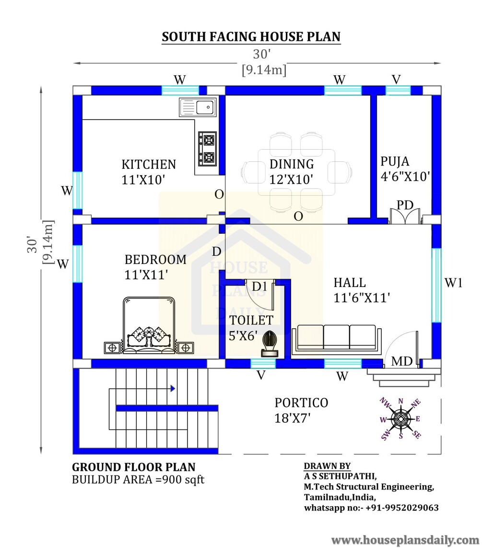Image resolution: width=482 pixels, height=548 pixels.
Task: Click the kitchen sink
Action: [198, 107]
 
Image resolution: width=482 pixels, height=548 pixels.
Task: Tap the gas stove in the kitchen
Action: [208, 149]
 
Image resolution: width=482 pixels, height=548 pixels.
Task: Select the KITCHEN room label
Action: [149, 164]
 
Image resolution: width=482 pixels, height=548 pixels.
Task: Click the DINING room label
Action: [291, 164]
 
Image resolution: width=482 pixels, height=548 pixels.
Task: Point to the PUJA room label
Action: [395, 161]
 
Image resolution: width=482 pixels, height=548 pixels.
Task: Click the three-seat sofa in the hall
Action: [336, 338]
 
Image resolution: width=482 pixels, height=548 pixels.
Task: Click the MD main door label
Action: [402, 361]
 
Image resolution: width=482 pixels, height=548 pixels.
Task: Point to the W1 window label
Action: [453, 283]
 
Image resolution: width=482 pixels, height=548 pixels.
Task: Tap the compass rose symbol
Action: [400, 418]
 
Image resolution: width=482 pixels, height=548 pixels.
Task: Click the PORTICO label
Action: [301, 403]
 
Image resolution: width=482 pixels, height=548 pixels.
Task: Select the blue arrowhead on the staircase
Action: [173, 388]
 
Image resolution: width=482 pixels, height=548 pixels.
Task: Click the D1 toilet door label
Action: [259, 286]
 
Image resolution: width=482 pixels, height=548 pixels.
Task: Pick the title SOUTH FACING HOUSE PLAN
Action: [251, 36]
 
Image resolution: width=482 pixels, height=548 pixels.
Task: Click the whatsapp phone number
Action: [402, 508]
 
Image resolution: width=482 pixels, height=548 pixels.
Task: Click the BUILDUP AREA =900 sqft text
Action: [138, 479]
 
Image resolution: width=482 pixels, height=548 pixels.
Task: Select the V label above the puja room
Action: [396, 80]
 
